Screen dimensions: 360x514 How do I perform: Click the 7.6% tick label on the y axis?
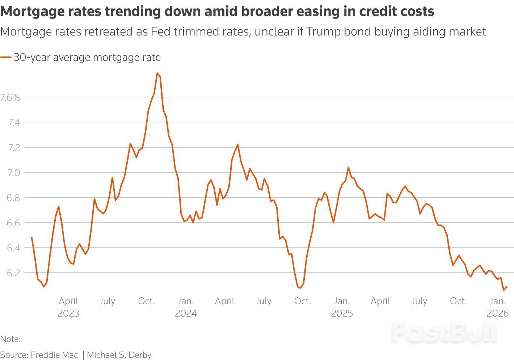pyautogui.click(x=10, y=97)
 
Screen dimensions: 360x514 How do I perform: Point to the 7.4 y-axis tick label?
pyautogui.click(x=14, y=122)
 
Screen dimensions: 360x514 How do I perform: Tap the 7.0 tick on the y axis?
pyautogui.click(x=14, y=172)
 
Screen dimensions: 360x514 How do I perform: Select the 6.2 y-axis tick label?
pyautogui.click(x=14, y=273)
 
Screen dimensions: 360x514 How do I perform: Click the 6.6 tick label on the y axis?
pyautogui.click(x=14, y=223)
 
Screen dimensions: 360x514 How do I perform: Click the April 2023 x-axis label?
pyautogui.click(x=68, y=307)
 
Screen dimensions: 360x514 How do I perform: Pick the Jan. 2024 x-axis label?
pyautogui.click(x=186, y=307)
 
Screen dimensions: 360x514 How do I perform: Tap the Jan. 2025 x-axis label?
pyautogui.click(x=342, y=307)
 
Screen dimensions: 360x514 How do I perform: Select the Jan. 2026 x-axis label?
pyautogui.click(x=498, y=307)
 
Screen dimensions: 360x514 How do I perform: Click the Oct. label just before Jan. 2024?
pyautogui.click(x=146, y=301)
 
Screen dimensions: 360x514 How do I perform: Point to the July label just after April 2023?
pyautogui.click(x=107, y=301)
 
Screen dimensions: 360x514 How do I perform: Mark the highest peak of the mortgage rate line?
pyautogui.click(x=157, y=73)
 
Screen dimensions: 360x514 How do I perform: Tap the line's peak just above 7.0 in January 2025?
pyautogui.click(x=348, y=167)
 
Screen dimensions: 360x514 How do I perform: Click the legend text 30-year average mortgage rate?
pyautogui.click(x=87, y=57)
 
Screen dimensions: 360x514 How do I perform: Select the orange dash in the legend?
pyautogui.click(x=6, y=57)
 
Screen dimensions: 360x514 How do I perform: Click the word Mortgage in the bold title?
pyautogui.click(x=26, y=12)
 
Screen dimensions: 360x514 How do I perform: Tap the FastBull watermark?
pyautogui.click(x=445, y=332)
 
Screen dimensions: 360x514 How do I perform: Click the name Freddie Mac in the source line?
pyautogui.click(x=54, y=355)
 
